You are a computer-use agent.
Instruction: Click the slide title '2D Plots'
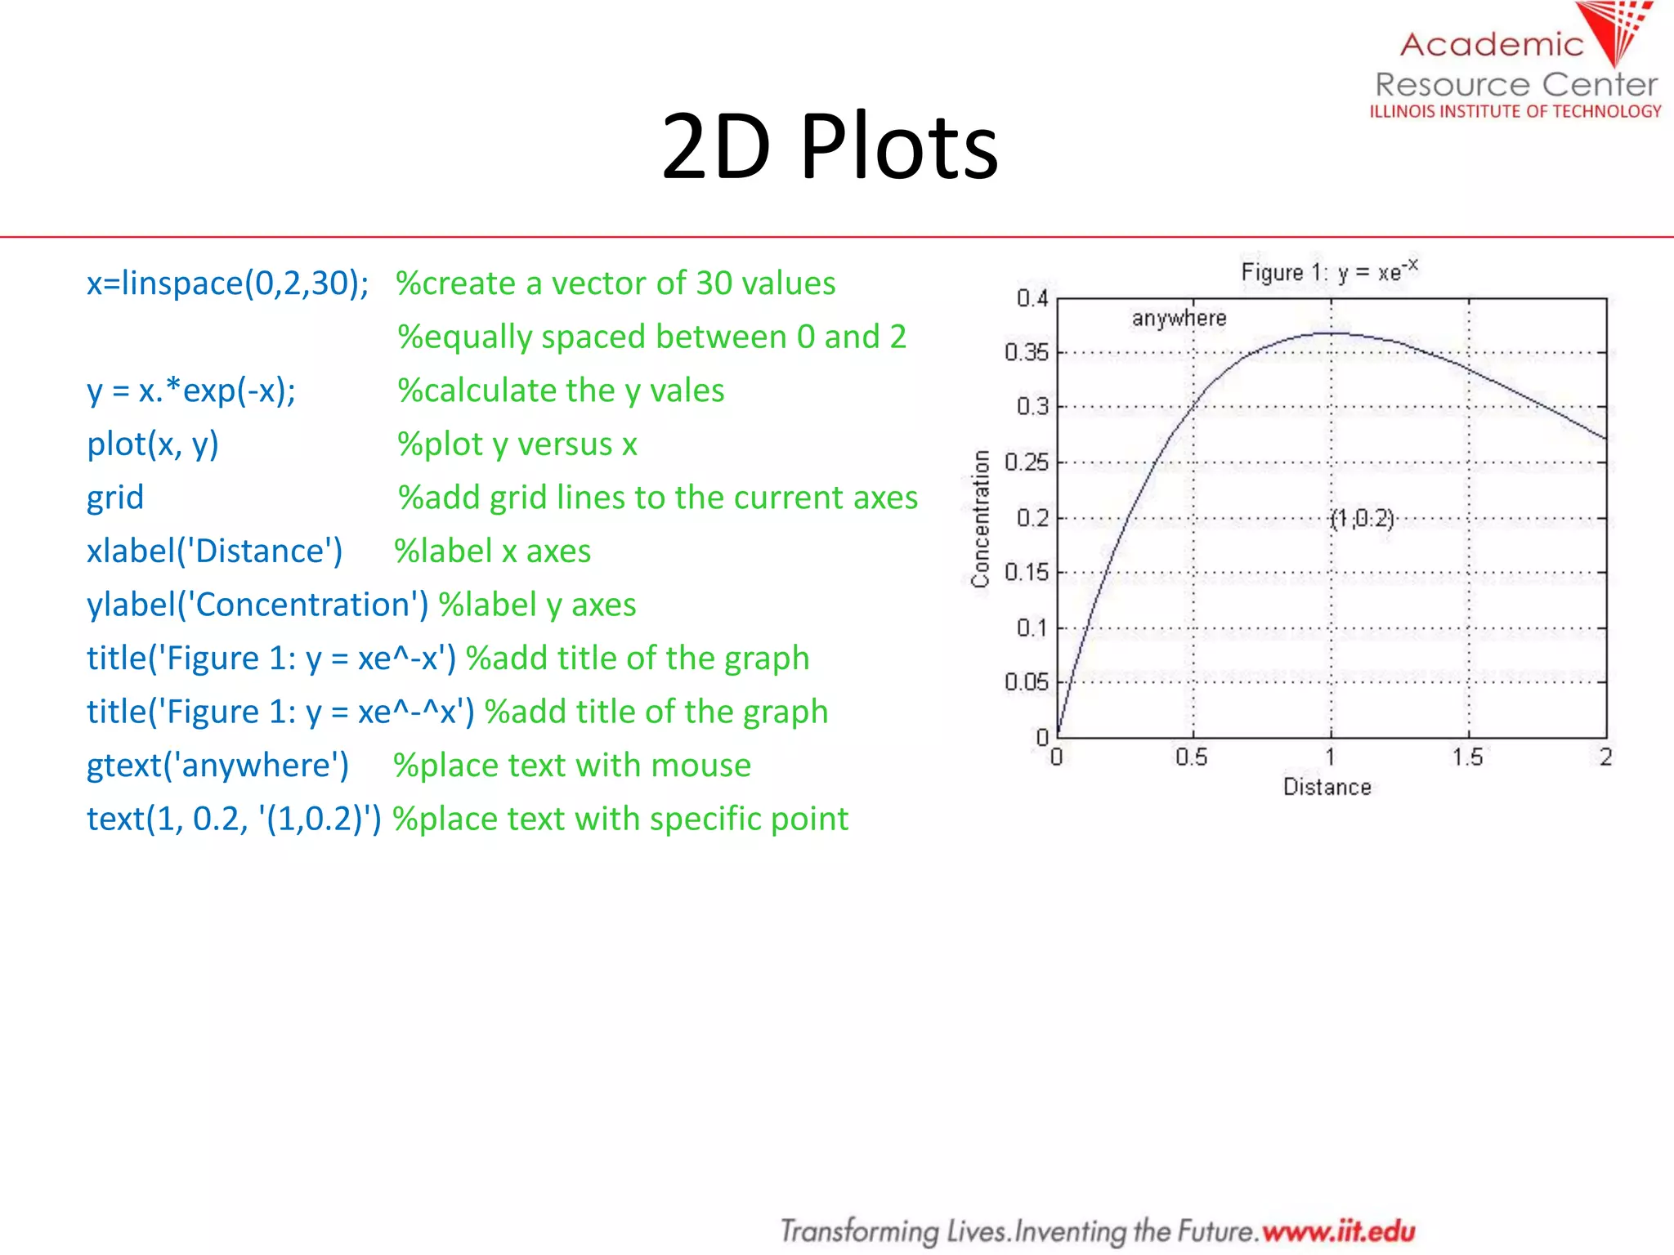tap(829, 147)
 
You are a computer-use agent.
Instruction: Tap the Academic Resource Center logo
tap(1516, 65)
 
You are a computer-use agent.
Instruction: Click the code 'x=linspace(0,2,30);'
tap(227, 284)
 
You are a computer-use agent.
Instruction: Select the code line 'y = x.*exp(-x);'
tap(191, 391)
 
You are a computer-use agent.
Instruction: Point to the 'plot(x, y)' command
tap(153, 444)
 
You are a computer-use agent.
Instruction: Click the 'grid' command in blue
tap(115, 498)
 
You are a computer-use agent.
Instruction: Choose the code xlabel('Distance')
tap(214, 552)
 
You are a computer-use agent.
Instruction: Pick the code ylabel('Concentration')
tap(257, 605)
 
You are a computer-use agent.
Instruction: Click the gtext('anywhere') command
tap(217, 766)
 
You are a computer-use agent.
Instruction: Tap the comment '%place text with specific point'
tap(620, 819)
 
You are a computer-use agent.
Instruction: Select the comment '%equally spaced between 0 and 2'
tap(651, 337)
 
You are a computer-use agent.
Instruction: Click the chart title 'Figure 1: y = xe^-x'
tap(1329, 271)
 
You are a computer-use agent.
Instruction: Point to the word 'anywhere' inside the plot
tap(1179, 318)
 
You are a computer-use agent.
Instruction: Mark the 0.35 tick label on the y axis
tap(1026, 352)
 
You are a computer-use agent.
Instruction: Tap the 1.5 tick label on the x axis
tap(1467, 757)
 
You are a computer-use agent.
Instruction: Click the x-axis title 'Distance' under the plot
tap(1327, 787)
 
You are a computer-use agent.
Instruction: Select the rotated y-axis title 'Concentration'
tap(980, 518)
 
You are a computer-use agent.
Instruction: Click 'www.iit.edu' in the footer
tap(1338, 1230)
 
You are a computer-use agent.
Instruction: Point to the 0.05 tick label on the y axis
tap(1026, 681)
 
